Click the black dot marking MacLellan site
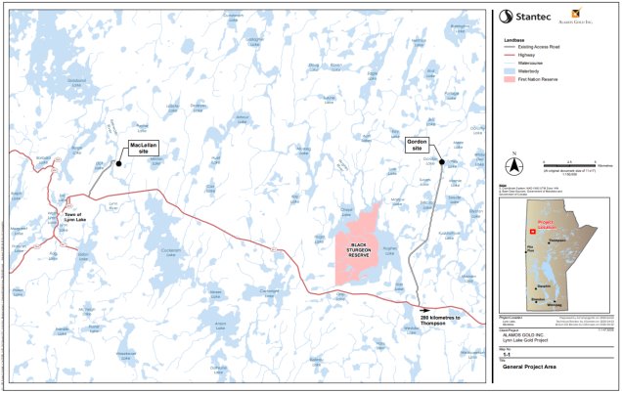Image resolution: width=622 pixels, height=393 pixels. pos(118,163)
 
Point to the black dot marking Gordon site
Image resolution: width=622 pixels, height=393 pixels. pos(442,162)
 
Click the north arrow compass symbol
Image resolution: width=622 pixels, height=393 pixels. pos(522,164)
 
